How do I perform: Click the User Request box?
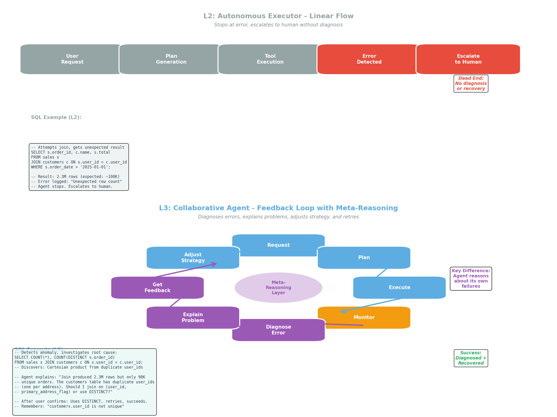coord(72,59)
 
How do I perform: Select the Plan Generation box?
coord(171,59)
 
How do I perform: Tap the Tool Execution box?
coord(270,59)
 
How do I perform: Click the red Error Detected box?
coord(369,59)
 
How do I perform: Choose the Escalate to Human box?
coord(468,59)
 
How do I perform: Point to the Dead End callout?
coord(471,83)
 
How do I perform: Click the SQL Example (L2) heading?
coord(56,117)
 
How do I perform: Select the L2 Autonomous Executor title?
coord(278,16)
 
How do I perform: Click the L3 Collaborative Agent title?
coord(278,208)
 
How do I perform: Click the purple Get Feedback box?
coord(157,288)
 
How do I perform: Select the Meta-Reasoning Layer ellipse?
coord(278,288)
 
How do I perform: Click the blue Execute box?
coord(399,288)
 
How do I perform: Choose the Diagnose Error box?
coord(278,330)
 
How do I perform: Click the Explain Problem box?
coord(193,318)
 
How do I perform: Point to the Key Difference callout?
coord(471,279)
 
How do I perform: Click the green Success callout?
coord(471,358)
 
